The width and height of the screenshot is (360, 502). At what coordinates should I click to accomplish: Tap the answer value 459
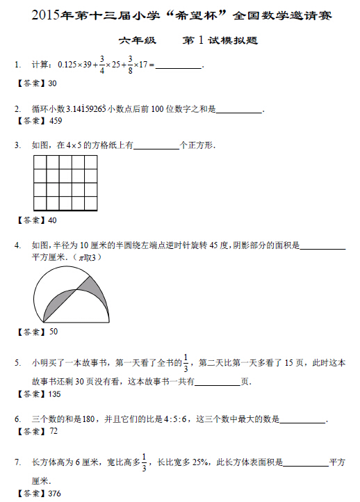[x=56, y=121]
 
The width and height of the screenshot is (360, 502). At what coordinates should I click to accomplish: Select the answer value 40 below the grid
[x=53, y=220]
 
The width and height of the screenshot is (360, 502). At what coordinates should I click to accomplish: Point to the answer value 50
[x=53, y=332]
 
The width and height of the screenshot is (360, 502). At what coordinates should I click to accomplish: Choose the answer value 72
[x=53, y=431]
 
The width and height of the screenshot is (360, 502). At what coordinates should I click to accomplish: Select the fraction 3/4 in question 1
[x=102, y=65]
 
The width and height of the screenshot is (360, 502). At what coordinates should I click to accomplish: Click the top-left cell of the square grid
[x=40, y=162]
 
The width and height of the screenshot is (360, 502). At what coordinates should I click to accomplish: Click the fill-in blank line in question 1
[x=177, y=67]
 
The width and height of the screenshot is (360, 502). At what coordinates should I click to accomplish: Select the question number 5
[x=17, y=363]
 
